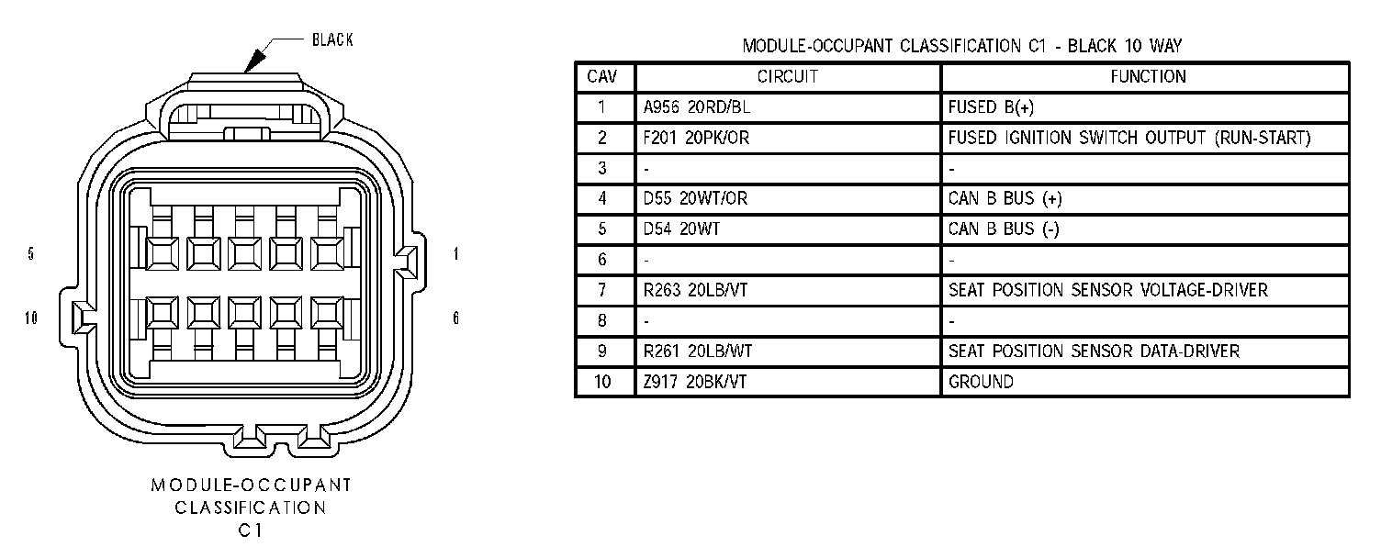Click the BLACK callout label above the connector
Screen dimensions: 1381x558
pyautogui.click(x=332, y=39)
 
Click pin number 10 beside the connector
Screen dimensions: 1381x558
pyautogui.click(x=32, y=318)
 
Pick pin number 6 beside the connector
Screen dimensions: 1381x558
pyautogui.click(x=456, y=318)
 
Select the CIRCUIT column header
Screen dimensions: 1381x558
pyautogui.click(x=787, y=77)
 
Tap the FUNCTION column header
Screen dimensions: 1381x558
pyautogui.click(x=1148, y=77)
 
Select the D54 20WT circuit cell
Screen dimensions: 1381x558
pyautogui.click(x=681, y=229)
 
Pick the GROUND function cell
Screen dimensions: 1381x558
pyautogui.click(x=981, y=382)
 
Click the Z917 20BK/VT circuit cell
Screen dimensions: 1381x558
pyautogui.click(x=695, y=382)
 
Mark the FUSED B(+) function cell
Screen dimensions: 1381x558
pyautogui.click(x=991, y=107)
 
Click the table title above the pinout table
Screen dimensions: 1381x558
pyautogui.click(x=961, y=46)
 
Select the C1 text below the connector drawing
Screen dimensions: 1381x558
pyautogui.click(x=251, y=530)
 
